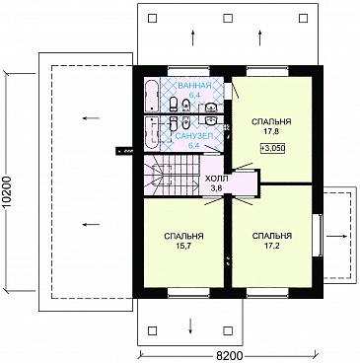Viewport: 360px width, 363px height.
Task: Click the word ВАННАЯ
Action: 194,86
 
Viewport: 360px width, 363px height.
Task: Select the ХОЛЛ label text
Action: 216,179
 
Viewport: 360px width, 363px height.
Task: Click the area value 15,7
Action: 183,246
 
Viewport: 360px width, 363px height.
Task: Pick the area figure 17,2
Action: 272,246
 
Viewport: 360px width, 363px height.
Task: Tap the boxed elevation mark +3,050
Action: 272,148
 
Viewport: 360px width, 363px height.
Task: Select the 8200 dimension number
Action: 230,356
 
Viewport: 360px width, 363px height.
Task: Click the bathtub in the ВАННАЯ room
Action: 152,96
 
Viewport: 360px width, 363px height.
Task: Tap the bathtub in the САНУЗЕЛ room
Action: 152,133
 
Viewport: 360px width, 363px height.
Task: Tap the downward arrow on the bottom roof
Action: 190,327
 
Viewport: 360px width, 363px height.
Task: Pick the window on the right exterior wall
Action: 318,235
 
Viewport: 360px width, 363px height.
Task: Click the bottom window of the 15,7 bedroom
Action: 188,293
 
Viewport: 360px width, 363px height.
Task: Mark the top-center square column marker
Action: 227,18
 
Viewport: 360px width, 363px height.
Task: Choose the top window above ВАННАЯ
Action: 188,70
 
